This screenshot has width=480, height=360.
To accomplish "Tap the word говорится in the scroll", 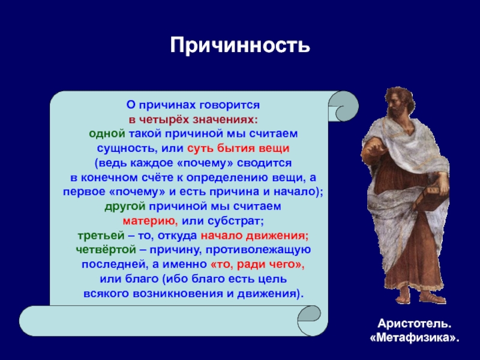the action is (x=230, y=105).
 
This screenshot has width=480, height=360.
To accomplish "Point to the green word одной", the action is (x=107, y=134).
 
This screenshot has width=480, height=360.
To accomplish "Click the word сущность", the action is (x=125, y=148).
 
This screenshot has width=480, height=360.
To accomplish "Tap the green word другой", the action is (x=125, y=206).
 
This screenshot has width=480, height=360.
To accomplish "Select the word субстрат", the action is (x=235, y=221).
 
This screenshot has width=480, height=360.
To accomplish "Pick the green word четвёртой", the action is (x=106, y=250).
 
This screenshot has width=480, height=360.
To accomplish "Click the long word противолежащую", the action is (x=258, y=250).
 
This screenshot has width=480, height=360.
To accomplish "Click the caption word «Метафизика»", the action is (x=415, y=338).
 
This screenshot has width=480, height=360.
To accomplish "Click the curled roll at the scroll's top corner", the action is (x=344, y=106).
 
